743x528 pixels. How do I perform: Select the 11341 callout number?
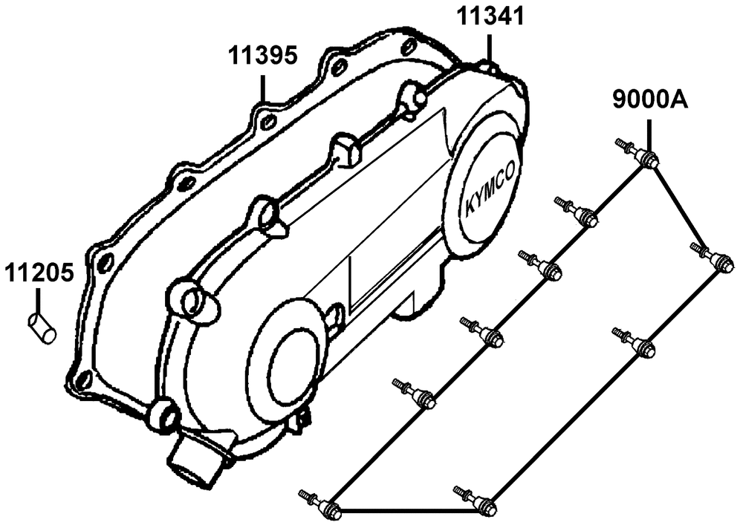pos(490,16)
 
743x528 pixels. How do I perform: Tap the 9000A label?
pos(650,99)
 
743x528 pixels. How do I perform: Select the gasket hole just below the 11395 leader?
pos(269,121)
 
